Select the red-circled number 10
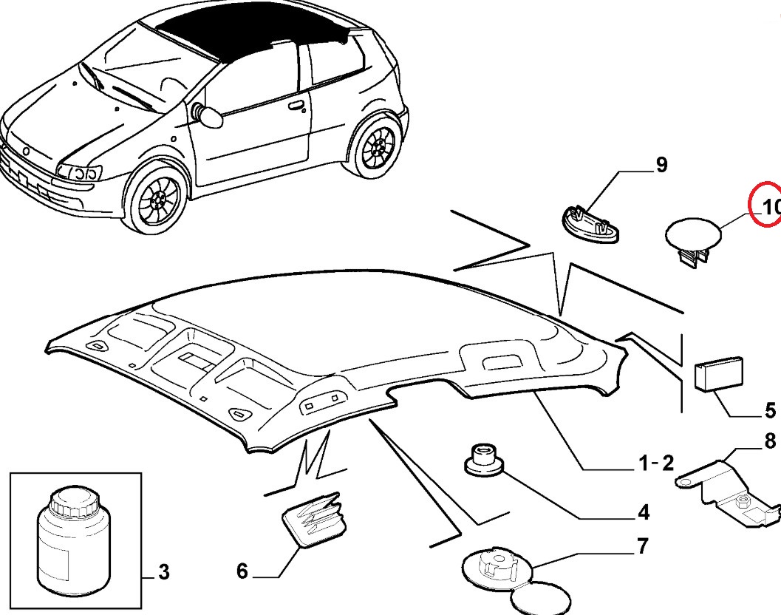(x=769, y=208)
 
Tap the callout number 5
(x=769, y=410)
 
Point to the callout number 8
(x=769, y=442)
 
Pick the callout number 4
(x=643, y=512)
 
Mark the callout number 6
(x=242, y=571)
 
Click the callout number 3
(x=164, y=571)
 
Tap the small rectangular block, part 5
(x=718, y=373)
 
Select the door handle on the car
(x=296, y=105)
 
